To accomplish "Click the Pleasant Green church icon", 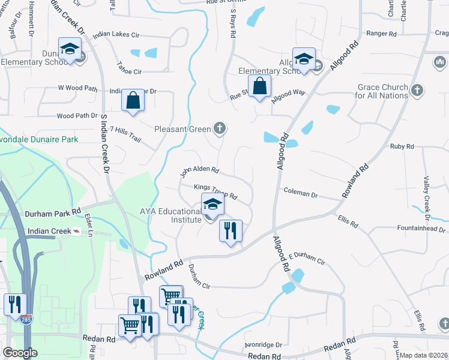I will point(220,128).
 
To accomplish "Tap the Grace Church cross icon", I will point(418,91).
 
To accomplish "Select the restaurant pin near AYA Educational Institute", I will point(231,231).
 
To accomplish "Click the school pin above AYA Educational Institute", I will point(212,206).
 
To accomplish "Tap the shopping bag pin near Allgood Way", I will point(260,86).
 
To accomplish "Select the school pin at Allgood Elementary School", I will point(304,59).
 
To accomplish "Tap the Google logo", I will point(20,353).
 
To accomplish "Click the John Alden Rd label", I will point(200,172).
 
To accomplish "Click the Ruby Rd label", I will point(402,146).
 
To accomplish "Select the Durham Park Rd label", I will point(53,212).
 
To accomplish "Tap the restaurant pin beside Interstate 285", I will point(14,304).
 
